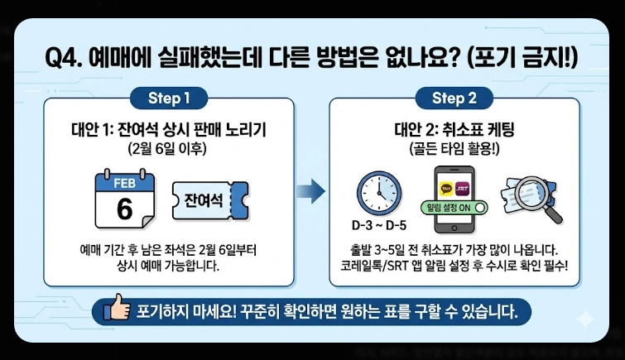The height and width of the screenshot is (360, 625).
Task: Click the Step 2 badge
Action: (454, 99)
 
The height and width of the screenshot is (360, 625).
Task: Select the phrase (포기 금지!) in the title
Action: (523, 58)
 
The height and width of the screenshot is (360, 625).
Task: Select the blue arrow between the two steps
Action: (310, 191)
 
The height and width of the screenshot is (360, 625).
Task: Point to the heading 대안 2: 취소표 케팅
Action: (454, 131)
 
